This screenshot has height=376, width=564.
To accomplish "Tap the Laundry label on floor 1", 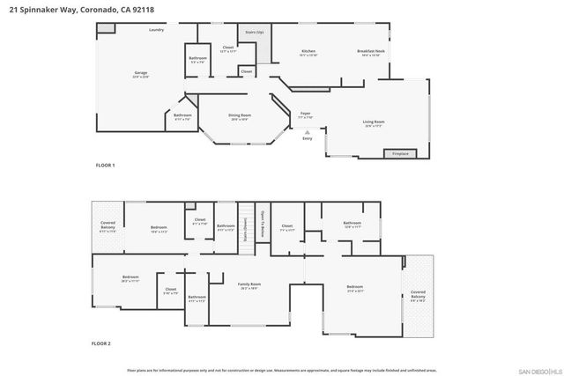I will click(157, 30).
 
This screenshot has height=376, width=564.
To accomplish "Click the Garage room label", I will click(140, 73).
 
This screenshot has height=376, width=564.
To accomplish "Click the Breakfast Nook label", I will click(371, 51).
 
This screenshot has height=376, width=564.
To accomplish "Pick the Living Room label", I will click(374, 122).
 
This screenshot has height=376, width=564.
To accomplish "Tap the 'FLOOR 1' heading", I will click(105, 165).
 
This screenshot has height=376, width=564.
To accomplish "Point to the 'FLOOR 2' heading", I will click(105, 343).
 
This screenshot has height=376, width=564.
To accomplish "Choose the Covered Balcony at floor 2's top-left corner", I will click(108, 225).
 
